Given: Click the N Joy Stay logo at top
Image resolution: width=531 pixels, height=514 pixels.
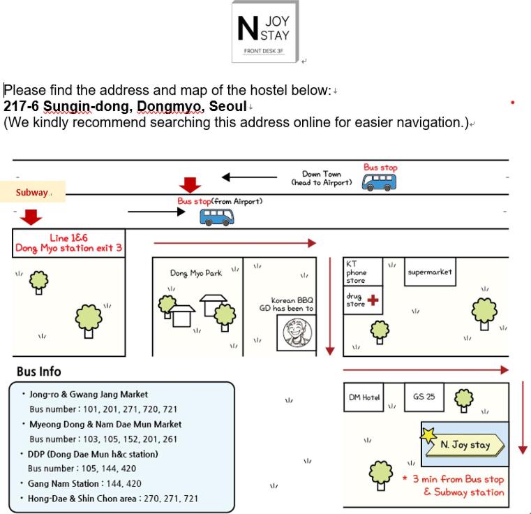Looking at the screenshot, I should click(264, 31).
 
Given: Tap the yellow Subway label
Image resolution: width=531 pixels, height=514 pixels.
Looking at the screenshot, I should click(33, 192).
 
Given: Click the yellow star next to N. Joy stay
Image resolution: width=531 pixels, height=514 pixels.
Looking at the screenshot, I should click(428, 434).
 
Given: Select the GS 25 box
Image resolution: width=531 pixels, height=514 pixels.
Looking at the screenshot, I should click(424, 397).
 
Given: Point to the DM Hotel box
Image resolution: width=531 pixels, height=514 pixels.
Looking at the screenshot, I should click(364, 397).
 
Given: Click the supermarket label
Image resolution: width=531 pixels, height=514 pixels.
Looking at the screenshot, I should click(430, 272).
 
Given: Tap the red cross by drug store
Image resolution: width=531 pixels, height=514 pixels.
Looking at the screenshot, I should click(373, 300).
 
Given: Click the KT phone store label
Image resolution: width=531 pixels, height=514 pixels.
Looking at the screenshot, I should click(356, 272).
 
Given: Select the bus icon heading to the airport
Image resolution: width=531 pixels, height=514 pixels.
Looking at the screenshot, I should click(379, 182).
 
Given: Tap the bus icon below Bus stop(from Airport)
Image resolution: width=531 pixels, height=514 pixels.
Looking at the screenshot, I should click(217, 216).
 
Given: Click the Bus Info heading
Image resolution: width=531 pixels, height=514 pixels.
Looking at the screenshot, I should click(38, 372).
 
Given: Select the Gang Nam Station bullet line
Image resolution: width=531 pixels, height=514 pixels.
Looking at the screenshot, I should click(84, 483).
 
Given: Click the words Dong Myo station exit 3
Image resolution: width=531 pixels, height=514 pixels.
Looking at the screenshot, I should click(69, 249).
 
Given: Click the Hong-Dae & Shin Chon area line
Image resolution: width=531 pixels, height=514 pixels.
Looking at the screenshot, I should click(113, 499).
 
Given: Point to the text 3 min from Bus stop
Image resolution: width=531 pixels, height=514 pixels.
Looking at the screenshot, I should click(458, 480).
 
